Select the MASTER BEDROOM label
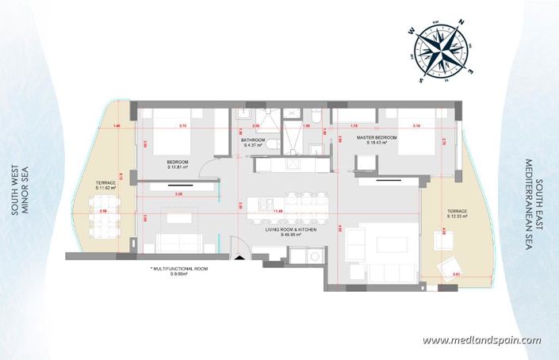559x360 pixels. coord(377,140)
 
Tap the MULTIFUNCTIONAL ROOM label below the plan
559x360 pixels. coord(179,272)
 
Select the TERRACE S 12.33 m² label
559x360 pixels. coord(457,213)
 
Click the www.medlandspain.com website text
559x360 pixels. coord(481,340)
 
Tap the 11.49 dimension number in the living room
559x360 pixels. coord(278,212)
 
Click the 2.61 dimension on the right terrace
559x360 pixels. coord(455,274)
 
